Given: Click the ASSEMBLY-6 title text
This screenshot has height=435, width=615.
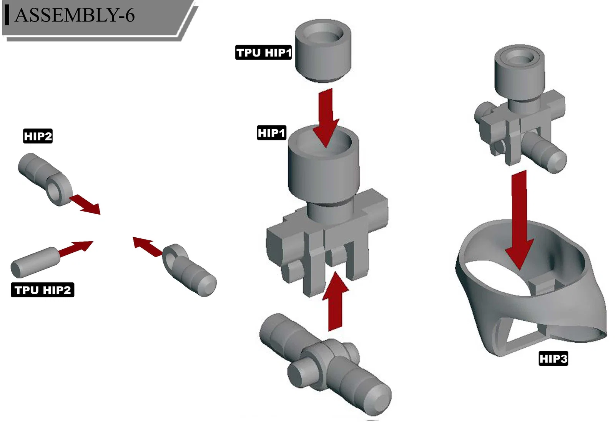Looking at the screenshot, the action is (x=75, y=15).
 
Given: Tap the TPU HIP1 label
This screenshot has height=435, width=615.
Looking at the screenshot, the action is (x=264, y=52).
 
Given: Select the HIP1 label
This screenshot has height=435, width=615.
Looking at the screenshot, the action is (x=271, y=133).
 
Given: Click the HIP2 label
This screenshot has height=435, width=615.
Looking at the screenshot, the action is (x=38, y=136).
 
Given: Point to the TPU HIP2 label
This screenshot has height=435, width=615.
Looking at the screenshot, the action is (x=43, y=290).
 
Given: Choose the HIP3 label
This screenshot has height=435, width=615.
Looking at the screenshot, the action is (x=553, y=358).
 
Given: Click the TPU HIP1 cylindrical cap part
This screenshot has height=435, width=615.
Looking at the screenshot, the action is (x=323, y=51).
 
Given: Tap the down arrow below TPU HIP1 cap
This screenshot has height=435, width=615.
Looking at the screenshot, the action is (x=326, y=118).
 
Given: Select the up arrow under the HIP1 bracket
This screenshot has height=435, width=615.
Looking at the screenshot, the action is (x=335, y=301).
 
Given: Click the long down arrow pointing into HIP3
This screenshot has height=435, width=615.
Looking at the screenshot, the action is (x=519, y=220).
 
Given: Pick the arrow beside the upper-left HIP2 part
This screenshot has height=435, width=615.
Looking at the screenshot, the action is (x=85, y=204).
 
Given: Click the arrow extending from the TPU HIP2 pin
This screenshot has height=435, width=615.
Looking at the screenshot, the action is (x=76, y=249).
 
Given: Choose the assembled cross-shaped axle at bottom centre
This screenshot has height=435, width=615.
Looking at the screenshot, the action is (x=325, y=364).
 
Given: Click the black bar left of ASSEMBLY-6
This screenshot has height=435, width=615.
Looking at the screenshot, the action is (x=7, y=15).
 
